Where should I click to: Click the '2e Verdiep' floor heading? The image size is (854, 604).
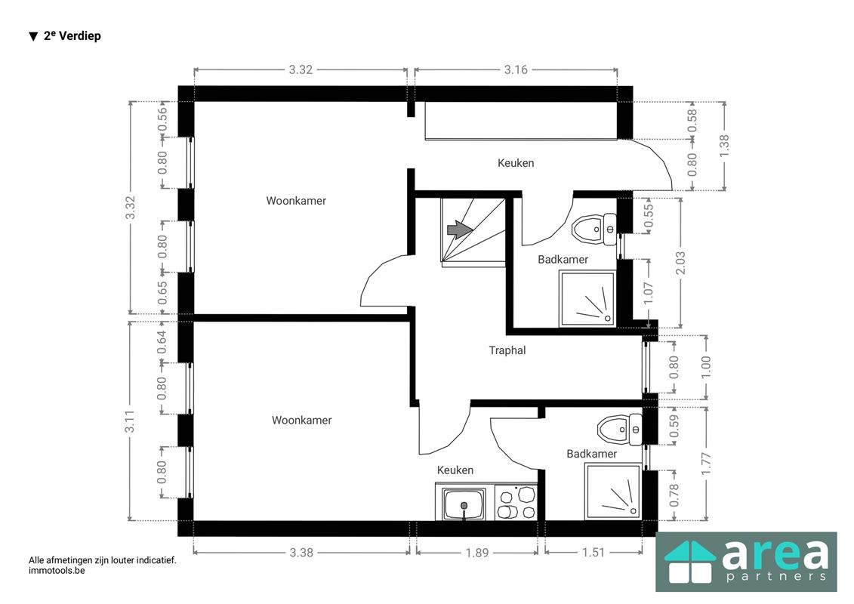point(72,36)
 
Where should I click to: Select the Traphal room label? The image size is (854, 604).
point(507,350)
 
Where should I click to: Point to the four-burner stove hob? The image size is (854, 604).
point(516,502)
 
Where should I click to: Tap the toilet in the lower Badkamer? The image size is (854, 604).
point(619,429)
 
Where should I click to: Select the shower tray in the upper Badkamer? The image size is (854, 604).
point(587,298)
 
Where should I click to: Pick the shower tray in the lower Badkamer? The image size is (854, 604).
point(613,492)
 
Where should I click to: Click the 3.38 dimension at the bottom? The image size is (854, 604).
point(301,553)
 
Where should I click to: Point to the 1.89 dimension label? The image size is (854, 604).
point(477,553)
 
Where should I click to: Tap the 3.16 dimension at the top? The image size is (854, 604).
point(516,69)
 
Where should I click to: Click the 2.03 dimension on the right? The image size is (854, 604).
point(680,263)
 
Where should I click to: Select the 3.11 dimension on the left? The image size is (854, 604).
point(130,421)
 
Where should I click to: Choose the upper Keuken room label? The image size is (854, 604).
point(516,163)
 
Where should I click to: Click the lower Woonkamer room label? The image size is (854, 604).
point(302,420)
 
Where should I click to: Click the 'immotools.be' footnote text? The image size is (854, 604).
point(57,571)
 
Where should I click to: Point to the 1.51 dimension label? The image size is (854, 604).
point(593,553)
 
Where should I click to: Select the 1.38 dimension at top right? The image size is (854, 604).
point(724,146)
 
